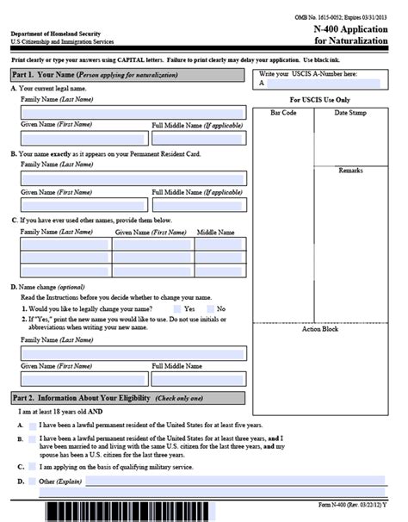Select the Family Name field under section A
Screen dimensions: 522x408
133,113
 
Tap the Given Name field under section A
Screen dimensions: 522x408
83,138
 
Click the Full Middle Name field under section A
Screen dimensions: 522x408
198,138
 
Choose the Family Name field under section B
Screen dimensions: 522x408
133,178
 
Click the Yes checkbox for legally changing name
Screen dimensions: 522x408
177,308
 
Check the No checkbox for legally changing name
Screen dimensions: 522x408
209,308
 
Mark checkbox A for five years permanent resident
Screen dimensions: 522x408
32,426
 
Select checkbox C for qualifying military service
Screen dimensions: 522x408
32,467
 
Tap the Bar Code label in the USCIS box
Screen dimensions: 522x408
283,112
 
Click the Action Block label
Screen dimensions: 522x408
319,329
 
